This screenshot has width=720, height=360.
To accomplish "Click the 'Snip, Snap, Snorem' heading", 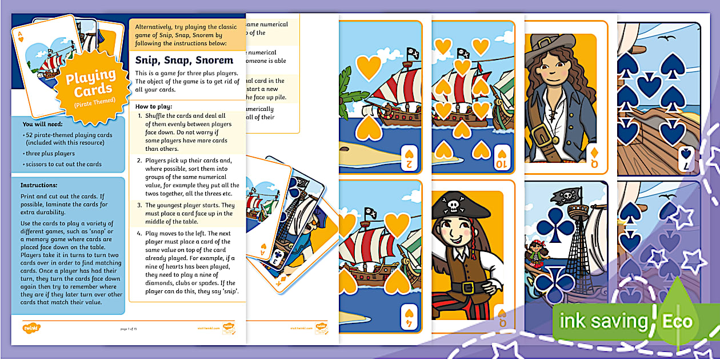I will click(x=184, y=60).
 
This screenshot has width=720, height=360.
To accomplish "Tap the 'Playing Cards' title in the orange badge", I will click(x=90, y=82).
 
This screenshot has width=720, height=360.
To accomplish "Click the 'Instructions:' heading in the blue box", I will click(x=39, y=185).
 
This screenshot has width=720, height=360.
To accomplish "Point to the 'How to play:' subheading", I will click(x=154, y=106).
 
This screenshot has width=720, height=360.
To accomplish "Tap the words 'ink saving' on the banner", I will click(x=602, y=321).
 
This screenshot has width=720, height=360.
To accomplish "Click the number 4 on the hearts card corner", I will click(x=409, y=323).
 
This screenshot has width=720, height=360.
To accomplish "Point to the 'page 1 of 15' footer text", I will click(x=128, y=329).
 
